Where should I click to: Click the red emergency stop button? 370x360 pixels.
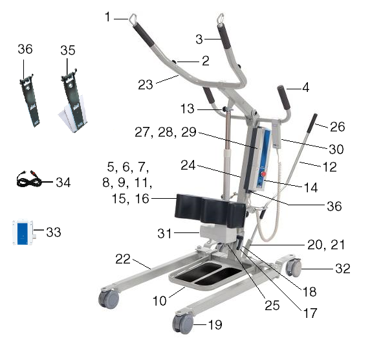(263, 174)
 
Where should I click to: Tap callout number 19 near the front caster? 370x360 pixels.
(215, 324)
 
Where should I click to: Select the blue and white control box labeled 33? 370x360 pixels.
(23, 232)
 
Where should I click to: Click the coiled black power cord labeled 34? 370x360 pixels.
(29, 179)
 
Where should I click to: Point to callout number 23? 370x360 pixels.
(146, 85)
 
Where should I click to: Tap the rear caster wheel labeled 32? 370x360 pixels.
(294, 267)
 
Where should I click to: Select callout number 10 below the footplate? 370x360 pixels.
(160, 300)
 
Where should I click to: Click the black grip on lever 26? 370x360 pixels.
(312, 123)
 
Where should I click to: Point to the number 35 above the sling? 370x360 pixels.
(68, 51)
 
